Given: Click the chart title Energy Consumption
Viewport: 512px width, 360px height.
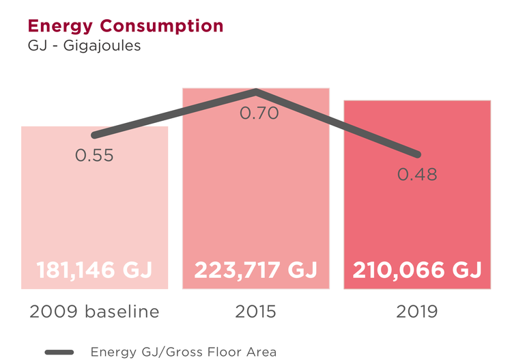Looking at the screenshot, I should (125, 26).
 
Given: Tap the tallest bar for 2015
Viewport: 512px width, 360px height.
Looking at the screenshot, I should (255, 205).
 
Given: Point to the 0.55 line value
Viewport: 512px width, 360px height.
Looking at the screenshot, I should (94, 156).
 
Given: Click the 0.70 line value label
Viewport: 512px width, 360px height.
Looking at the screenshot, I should (259, 113).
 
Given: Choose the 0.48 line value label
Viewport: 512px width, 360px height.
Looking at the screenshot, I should (417, 175).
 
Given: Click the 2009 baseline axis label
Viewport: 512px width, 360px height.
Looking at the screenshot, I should (94, 312).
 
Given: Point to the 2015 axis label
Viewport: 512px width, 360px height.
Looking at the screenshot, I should (255, 312).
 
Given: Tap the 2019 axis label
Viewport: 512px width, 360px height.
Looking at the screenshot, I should (417, 312).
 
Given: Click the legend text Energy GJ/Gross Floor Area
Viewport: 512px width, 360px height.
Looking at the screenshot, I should (184, 352).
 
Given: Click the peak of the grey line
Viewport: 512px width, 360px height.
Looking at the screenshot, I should (255, 91).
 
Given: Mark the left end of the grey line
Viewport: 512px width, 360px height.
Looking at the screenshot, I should (94, 135).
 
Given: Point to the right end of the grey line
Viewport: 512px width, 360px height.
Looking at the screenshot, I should (418, 154).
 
